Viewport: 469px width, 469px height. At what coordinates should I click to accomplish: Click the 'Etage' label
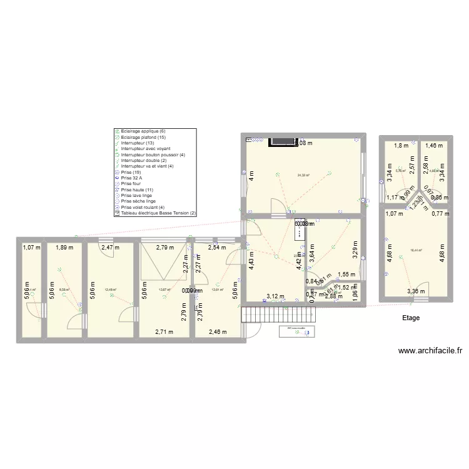411,318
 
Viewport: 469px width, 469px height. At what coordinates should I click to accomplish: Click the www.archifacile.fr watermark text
429,352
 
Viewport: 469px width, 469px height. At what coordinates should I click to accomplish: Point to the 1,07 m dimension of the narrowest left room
31,248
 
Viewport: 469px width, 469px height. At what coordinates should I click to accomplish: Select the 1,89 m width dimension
64,248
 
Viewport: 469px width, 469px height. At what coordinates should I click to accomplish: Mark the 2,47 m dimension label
110,248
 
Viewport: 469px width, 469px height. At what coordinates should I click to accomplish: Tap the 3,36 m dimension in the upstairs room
416,291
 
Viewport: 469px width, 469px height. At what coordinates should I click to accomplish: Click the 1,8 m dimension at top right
400,146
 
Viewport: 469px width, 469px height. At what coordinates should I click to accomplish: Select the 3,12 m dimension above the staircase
275,296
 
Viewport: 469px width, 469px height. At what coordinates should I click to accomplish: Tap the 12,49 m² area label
111,290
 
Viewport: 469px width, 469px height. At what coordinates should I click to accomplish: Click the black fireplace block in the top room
282,142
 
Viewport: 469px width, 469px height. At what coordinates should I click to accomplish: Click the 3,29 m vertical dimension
354,250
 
